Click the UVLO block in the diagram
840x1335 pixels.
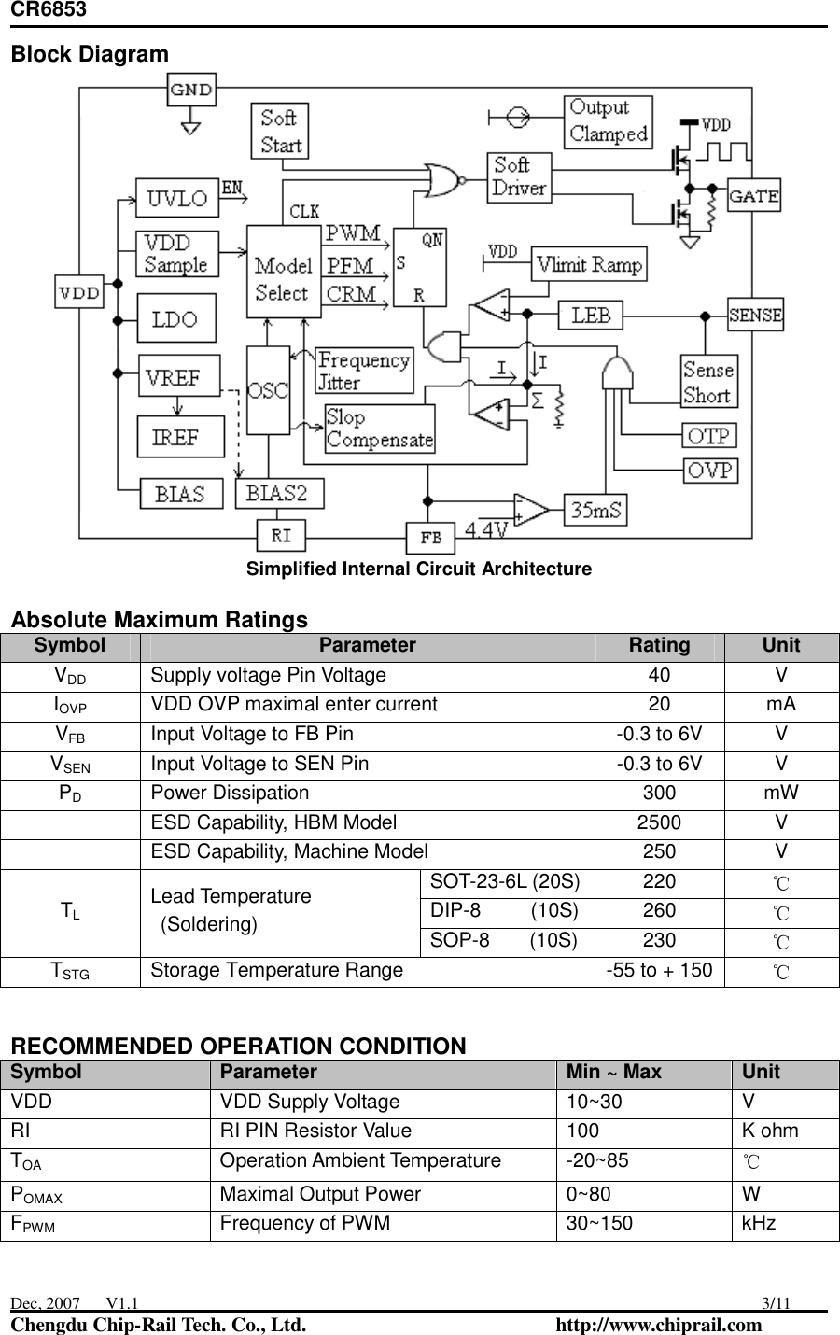point(177,198)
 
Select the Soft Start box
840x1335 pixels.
point(280,131)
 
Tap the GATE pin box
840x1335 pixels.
point(753,196)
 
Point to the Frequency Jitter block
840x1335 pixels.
point(364,371)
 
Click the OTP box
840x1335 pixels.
point(710,436)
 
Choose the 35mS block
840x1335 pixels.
point(596,510)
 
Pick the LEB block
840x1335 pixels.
point(591,315)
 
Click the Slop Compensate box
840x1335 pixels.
point(380,429)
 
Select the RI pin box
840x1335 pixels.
point(281,536)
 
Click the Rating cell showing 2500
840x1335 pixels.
point(659,822)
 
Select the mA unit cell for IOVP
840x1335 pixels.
point(780,705)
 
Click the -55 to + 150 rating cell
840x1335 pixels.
point(659,970)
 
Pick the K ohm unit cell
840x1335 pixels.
point(770,1131)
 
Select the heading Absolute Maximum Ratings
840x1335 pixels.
point(159,619)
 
